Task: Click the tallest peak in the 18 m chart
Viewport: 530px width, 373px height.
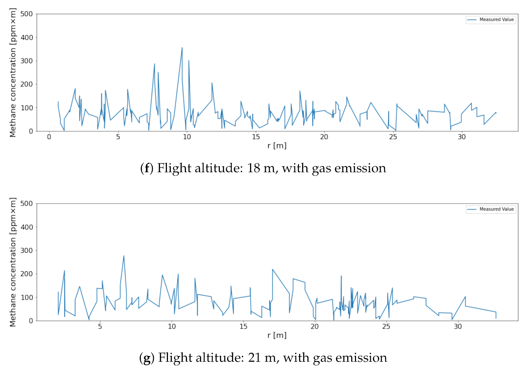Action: pos(182,48)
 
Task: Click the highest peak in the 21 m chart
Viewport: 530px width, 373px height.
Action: pos(124,256)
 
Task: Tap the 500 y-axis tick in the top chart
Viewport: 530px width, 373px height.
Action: pos(27,14)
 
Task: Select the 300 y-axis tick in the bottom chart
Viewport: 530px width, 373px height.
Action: pos(27,250)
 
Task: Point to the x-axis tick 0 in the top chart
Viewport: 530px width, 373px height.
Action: pos(49,137)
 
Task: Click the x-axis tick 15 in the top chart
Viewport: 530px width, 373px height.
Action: pos(256,137)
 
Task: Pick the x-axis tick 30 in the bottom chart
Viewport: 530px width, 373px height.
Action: pos(457,327)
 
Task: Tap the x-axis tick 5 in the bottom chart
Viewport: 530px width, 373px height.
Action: pos(100,327)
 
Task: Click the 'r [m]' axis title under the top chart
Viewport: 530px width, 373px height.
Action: pos(277,145)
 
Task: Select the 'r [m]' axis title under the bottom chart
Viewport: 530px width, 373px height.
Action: pos(277,335)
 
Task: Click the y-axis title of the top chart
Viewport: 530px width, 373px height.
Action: pos(13,73)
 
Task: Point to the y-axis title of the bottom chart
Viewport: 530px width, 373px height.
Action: pos(13,262)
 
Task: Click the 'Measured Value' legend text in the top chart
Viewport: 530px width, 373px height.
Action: pos(497,20)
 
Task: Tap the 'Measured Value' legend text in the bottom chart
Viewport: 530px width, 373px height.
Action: pos(497,209)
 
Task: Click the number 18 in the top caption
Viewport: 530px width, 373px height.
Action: pos(254,168)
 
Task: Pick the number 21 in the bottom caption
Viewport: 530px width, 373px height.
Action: pos(255,358)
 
